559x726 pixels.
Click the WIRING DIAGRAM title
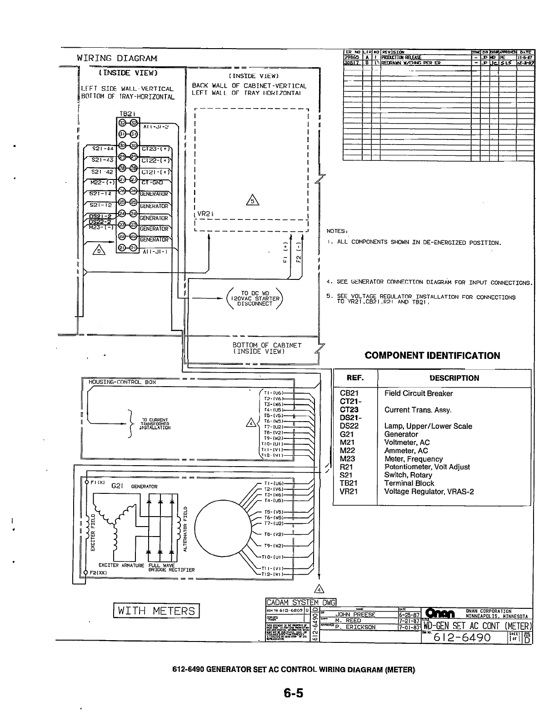point(117,58)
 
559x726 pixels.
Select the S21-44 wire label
point(102,148)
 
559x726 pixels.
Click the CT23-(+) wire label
point(155,148)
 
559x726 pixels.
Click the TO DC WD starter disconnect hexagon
point(254,298)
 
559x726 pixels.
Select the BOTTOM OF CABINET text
point(267,348)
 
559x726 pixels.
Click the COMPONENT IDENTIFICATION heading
point(432,356)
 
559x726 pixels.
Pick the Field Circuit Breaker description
point(419,393)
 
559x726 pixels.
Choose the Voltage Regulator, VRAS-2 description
point(429,492)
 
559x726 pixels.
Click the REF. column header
point(355,378)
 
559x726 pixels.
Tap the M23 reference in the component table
point(347,459)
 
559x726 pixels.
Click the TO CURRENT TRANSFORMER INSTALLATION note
point(155,423)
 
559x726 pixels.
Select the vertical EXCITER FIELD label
point(93,532)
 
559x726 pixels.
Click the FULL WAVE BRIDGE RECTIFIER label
point(171,567)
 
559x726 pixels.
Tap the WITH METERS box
point(156,611)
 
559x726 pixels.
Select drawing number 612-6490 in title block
point(462,637)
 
